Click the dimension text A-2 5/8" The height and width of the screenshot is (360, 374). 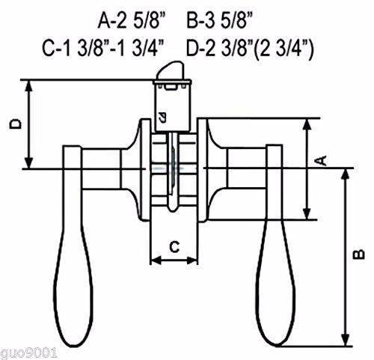point(132,21)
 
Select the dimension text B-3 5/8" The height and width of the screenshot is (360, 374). point(220,21)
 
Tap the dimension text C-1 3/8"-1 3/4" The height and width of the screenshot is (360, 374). point(103,49)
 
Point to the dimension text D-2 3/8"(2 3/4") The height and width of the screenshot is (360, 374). point(250,49)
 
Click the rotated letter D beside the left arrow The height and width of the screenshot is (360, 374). point(16,123)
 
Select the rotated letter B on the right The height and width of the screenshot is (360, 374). point(359,254)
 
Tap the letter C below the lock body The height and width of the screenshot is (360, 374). point(174,247)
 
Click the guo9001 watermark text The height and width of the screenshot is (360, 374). point(29,353)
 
